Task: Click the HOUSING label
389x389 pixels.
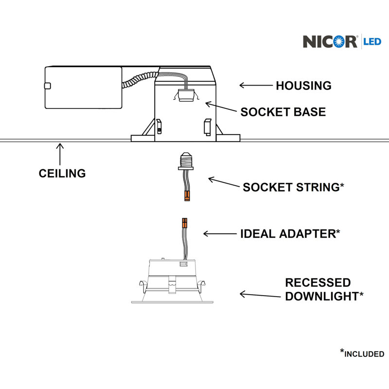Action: [x=303, y=86]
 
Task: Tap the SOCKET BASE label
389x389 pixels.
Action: [x=283, y=112]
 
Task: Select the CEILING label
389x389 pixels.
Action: [x=62, y=173]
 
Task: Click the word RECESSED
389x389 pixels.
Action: [x=318, y=283]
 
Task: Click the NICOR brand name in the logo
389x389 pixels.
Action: [x=330, y=41]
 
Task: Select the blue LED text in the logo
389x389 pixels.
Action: [x=372, y=41]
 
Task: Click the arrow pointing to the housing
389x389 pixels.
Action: [x=256, y=86]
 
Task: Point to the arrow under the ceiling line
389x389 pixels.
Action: [x=60, y=154]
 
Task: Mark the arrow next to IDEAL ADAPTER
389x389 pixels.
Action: [x=220, y=234]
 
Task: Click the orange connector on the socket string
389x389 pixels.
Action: [x=187, y=195]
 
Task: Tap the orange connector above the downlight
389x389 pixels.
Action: [x=185, y=223]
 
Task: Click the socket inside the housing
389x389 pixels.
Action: [x=186, y=95]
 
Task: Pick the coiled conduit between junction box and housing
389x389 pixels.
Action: [x=140, y=79]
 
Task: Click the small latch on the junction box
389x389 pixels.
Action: [x=47, y=86]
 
